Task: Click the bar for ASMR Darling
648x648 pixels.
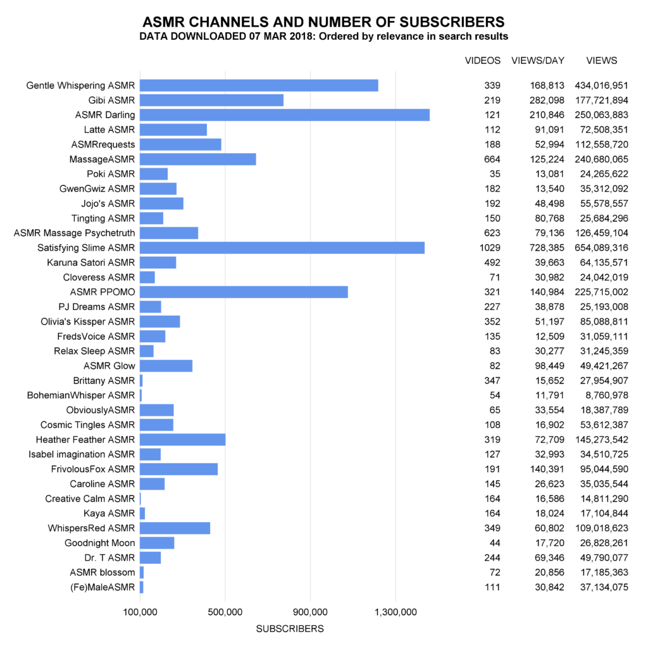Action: [285, 115]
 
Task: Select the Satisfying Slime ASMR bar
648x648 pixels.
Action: [282, 248]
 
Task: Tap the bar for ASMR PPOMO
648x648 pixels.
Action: [244, 292]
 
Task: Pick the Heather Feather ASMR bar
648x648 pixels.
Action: [183, 440]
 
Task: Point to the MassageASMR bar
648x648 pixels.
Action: [198, 159]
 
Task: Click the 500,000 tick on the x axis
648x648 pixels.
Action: [225, 612]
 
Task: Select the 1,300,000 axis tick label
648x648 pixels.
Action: [396, 612]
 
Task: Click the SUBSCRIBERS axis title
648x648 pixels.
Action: [290, 629]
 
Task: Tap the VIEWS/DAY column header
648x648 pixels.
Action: [538, 61]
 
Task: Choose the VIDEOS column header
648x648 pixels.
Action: [483, 61]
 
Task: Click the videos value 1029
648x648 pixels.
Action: [490, 248]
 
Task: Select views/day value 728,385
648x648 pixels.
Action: [547, 248]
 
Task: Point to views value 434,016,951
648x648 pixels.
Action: [601, 85]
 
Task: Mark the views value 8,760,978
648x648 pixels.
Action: [607, 396]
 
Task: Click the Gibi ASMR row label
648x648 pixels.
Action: [111, 101]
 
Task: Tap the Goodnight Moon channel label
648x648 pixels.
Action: [99, 543]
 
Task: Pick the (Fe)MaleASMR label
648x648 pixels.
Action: [103, 587]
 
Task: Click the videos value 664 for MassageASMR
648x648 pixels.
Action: [492, 159]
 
